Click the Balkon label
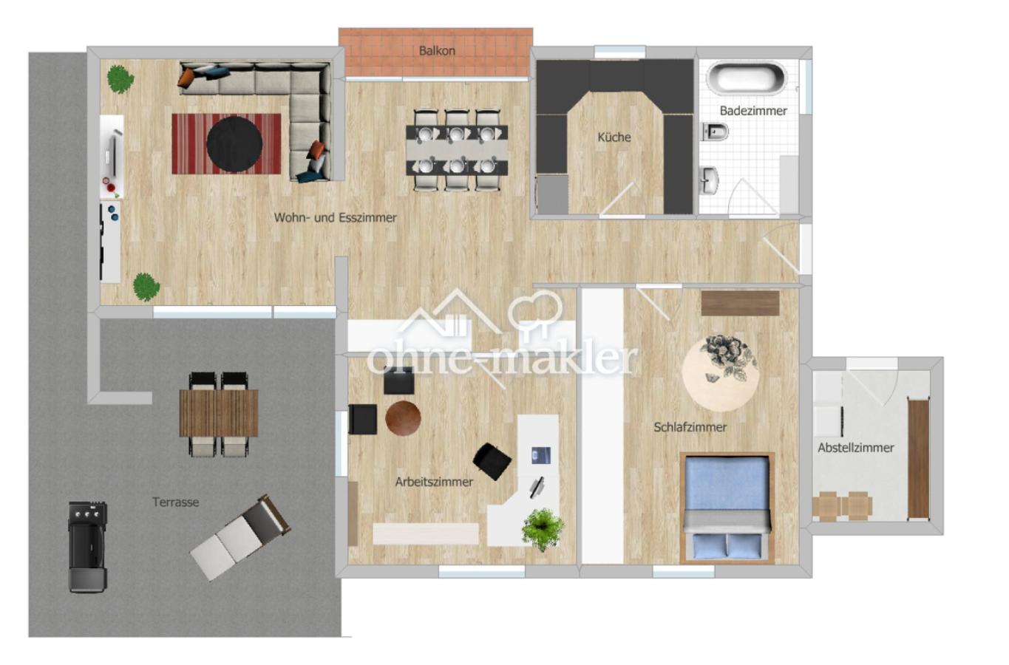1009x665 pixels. (x=436, y=51)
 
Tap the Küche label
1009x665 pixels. (x=614, y=137)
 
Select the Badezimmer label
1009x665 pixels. (x=752, y=111)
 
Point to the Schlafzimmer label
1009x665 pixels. (x=690, y=427)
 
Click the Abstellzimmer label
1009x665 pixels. (x=855, y=448)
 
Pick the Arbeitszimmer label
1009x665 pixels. (x=433, y=482)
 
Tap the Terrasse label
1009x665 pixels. (x=175, y=502)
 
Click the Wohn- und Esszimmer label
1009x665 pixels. (x=335, y=218)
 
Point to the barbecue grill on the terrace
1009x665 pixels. (x=87, y=546)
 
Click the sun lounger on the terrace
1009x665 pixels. (x=240, y=536)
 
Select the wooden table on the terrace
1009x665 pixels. (x=219, y=413)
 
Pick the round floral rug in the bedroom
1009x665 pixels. (x=719, y=373)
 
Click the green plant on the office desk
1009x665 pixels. (x=543, y=528)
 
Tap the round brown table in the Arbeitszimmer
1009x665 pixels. (x=403, y=418)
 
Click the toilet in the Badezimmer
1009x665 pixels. (x=715, y=132)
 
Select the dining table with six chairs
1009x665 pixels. (x=457, y=151)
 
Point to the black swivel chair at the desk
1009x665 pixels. (x=492, y=460)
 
